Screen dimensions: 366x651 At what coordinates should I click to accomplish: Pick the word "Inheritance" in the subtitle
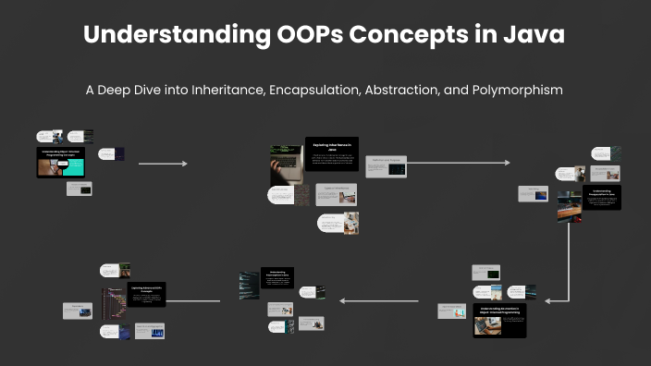click(216, 91)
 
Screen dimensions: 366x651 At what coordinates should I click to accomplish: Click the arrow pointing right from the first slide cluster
click(163, 164)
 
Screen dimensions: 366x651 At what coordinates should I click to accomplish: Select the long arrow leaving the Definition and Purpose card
click(458, 163)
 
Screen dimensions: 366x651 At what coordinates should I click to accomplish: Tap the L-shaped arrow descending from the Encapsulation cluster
click(568, 268)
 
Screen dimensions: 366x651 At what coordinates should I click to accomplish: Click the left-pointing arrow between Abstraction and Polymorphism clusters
click(379, 300)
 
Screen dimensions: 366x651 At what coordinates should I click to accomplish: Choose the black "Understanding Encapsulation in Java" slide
click(601, 197)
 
